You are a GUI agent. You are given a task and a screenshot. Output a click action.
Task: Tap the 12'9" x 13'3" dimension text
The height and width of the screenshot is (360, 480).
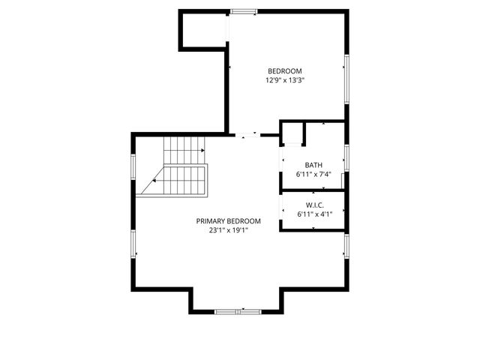pyautogui.click(x=284, y=80)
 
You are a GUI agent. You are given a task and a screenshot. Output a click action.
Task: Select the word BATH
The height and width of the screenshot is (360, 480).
pyautogui.click(x=313, y=165)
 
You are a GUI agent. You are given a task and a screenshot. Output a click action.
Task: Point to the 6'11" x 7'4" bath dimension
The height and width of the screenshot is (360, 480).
pyautogui.click(x=313, y=175)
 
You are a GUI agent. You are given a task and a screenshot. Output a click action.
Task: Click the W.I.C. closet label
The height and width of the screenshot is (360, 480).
pyautogui.click(x=313, y=205)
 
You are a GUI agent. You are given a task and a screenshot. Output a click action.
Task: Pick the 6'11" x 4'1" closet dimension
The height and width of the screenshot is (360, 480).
pyautogui.click(x=313, y=214)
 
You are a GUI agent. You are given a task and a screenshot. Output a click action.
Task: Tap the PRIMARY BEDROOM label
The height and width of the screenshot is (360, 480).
pyautogui.click(x=229, y=221)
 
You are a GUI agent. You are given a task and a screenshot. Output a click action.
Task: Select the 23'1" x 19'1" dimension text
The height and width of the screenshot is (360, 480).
pyautogui.click(x=229, y=231)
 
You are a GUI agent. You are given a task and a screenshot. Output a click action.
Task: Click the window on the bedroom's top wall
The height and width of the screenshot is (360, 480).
pyautogui.click(x=244, y=11)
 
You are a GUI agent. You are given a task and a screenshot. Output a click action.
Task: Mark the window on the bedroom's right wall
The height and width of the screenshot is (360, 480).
pyautogui.click(x=346, y=79)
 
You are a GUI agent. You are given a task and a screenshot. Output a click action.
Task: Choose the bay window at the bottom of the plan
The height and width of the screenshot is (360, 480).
pyautogui.click(x=235, y=310)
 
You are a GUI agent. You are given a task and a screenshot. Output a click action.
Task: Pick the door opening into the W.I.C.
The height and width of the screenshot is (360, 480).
pyautogui.click(x=281, y=211)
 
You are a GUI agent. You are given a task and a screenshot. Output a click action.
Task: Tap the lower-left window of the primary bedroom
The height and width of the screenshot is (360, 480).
pyautogui.click(x=134, y=244)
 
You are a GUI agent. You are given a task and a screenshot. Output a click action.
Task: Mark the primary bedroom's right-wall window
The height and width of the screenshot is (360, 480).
pyautogui.click(x=346, y=247)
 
